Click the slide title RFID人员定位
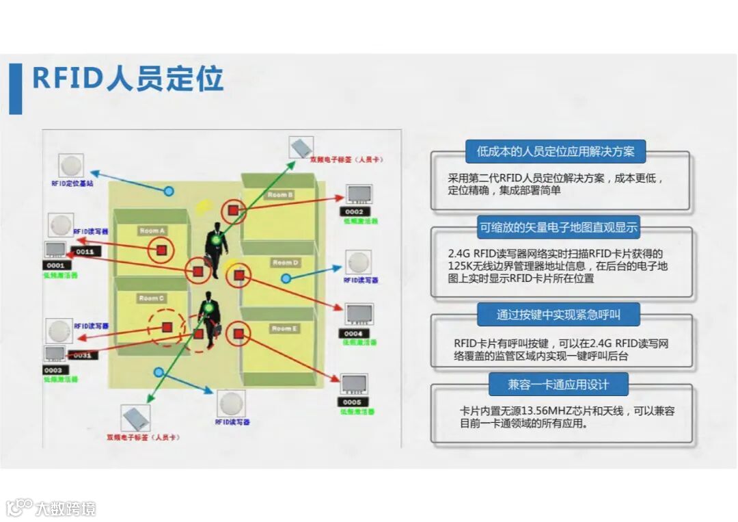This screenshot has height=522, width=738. (x=128, y=79)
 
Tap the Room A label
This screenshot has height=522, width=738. (x=152, y=231)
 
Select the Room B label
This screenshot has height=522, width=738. (x=280, y=195)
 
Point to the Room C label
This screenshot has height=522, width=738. (x=152, y=298)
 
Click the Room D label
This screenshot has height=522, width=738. (x=286, y=263)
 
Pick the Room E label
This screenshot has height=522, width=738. (x=284, y=329)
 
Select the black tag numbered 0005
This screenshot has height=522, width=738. (x=353, y=402)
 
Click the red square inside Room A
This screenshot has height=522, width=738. (x=161, y=251)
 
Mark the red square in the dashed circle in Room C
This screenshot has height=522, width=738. (x=167, y=327)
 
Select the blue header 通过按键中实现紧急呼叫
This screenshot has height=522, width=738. (x=558, y=315)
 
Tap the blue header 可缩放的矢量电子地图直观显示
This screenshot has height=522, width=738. (x=558, y=228)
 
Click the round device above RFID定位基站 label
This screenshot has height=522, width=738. (x=71, y=166)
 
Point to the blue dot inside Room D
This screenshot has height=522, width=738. (x=286, y=278)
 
